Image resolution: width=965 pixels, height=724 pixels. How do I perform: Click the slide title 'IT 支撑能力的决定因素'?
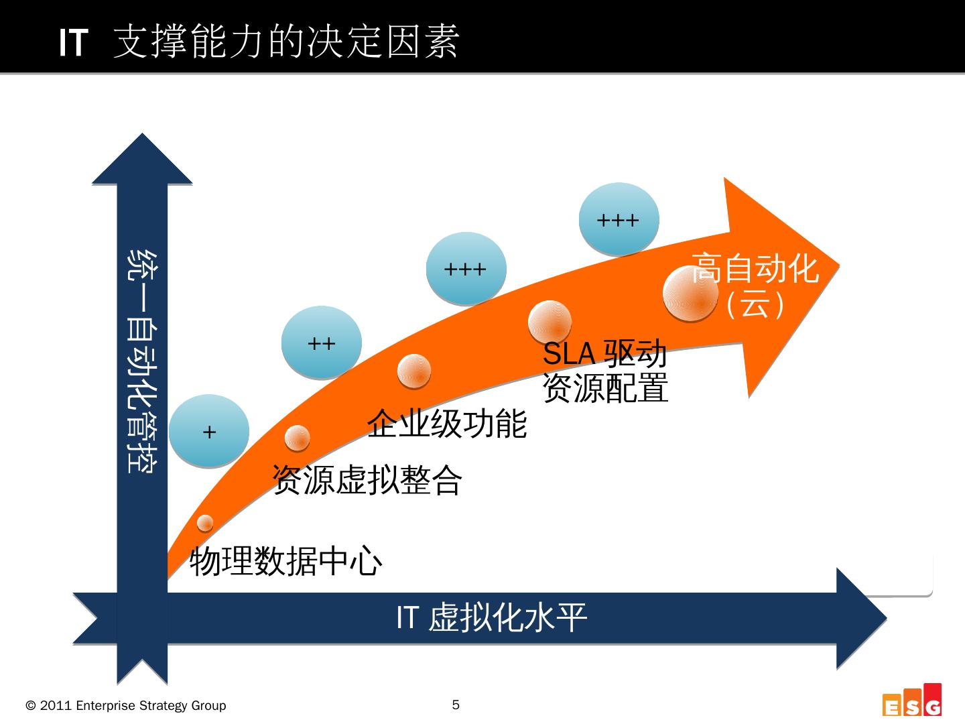(259, 42)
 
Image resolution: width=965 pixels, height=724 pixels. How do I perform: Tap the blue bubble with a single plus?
(209, 431)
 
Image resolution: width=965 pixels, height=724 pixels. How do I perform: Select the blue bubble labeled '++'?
(322, 343)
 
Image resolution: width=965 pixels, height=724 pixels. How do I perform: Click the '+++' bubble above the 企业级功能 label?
(466, 269)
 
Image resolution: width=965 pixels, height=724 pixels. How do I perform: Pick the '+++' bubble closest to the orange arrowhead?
(619, 219)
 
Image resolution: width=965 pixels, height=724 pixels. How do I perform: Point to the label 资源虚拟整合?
(367, 479)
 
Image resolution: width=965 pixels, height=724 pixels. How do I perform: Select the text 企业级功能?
(447, 423)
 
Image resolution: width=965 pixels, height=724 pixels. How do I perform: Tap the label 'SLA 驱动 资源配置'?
(605, 371)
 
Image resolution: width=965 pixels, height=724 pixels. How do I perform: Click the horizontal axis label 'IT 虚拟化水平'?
(491, 617)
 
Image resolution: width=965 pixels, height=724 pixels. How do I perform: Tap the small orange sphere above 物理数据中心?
(205, 522)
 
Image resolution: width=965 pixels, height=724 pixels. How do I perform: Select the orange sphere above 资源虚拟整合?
(297, 438)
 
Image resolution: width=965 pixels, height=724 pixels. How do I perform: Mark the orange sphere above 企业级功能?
(413, 371)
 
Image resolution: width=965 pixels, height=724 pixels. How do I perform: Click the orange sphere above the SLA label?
(550, 322)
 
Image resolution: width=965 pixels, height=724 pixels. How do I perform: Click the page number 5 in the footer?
(456, 705)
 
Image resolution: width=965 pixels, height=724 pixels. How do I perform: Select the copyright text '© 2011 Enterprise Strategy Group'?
(126, 705)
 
